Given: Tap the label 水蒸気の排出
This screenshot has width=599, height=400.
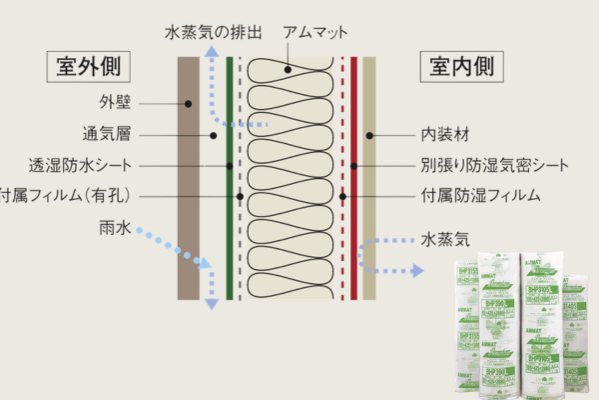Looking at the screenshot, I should [214, 33].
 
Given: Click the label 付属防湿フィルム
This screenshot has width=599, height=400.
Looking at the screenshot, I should [474, 195].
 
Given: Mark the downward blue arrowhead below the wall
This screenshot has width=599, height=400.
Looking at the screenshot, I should [211, 304].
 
